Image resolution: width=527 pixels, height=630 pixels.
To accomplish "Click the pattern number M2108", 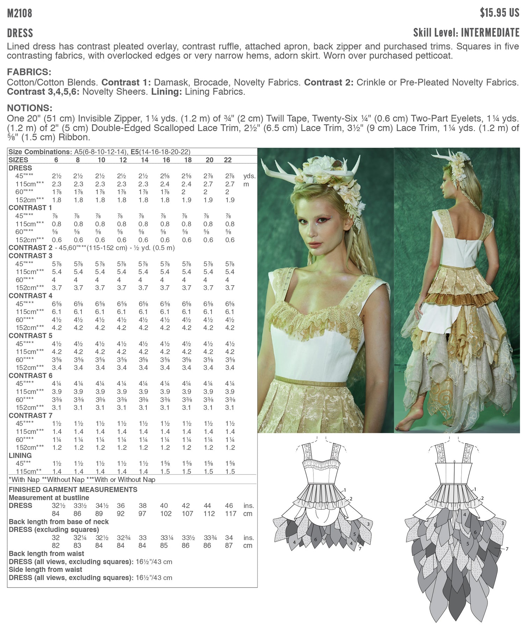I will click(20, 13).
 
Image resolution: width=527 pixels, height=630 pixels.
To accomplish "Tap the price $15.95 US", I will click(499, 13).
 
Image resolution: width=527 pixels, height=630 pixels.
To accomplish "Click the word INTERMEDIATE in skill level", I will click(490, 33).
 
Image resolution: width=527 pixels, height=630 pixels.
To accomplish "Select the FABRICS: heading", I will click(29, 72).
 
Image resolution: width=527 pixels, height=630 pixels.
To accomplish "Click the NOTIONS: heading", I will click(29, 108).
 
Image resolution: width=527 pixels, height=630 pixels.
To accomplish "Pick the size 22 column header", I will click(228, 160).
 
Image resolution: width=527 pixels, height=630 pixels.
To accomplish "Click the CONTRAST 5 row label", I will click(30, 336).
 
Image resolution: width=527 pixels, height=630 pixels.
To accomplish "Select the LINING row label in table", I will click(20, 455).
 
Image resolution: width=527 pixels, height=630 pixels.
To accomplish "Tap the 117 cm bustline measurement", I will click(231, 513).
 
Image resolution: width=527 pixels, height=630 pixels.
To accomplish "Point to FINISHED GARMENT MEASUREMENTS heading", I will click(73, 490).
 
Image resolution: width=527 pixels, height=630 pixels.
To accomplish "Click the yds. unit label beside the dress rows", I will click(249, 176).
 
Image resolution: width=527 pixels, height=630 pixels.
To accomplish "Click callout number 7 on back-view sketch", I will click(507, 549).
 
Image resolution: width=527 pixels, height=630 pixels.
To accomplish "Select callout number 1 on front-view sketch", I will click(345, 490).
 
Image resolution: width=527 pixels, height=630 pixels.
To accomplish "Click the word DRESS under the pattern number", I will click(20, 33).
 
